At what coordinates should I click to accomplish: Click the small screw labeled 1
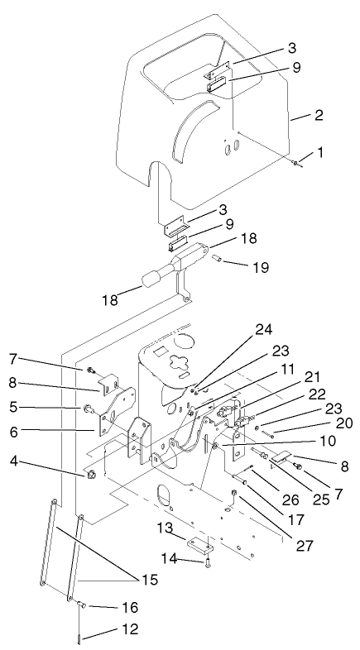(295, 162)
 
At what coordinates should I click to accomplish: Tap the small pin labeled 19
(218, 259)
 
